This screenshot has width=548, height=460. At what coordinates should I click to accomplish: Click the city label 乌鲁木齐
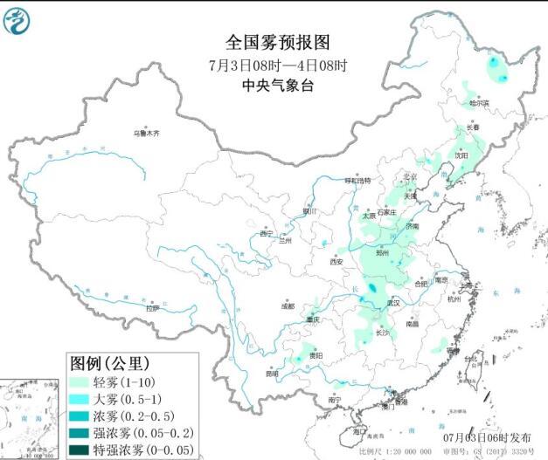[146, 133]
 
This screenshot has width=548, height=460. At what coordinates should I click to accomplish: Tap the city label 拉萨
[153, 307]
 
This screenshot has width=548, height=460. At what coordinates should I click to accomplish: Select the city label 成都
[288, 306]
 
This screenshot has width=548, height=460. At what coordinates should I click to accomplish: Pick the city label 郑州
[381, 252]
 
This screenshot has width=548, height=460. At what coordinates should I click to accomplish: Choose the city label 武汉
[392, 302]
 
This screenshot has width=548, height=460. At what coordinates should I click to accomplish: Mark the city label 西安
[336, 261]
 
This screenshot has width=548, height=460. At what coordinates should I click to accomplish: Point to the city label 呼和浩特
[357, 180]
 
